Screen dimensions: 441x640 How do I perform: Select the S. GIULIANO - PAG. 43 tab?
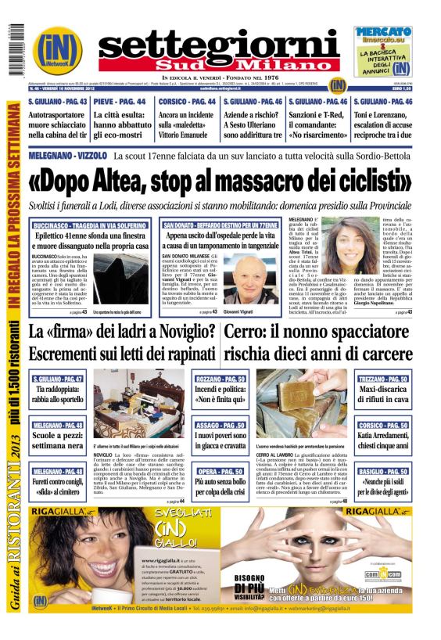pos(57,102)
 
